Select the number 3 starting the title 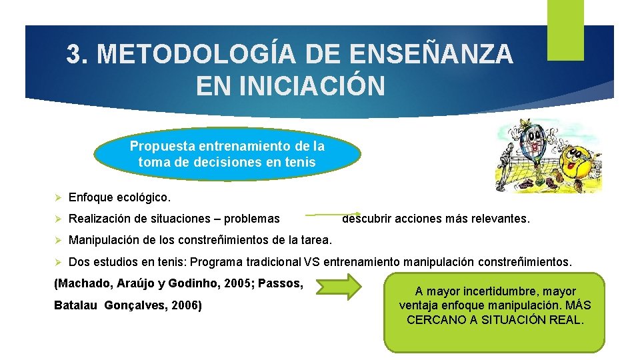pyautogui.click(x=74, y=55)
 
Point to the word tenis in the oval pyautogui.click(x=301, y=161)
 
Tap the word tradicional pyautogui.click(x=271, y=263)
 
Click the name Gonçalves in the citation pyautogui.click(x=140, y=306)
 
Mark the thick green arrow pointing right pyautogui.click(x=338, y=287)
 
